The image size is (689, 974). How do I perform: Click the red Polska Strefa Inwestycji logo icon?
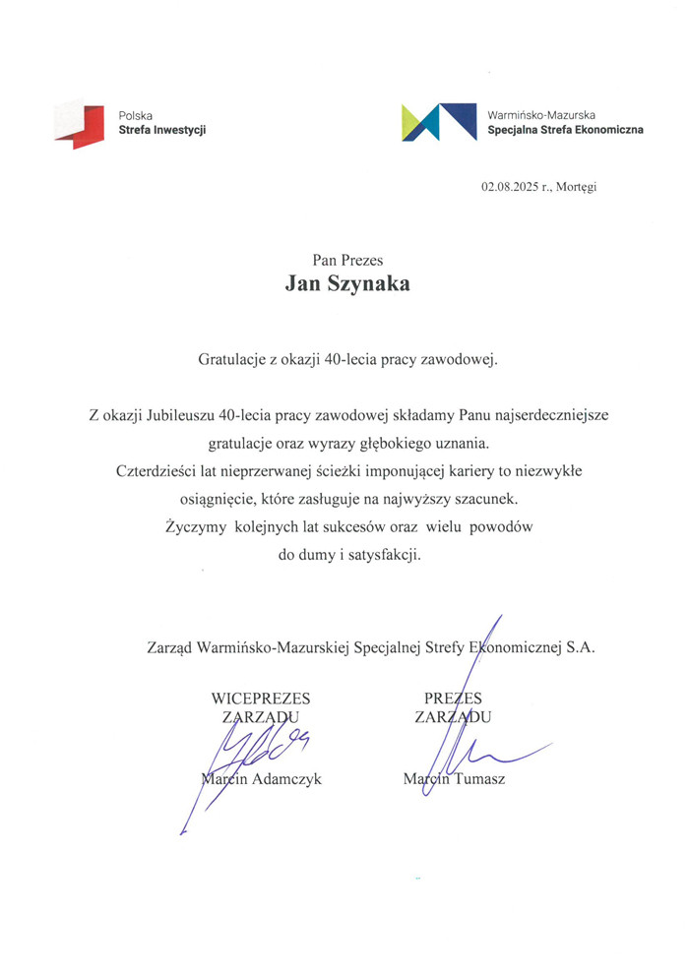point(78,124)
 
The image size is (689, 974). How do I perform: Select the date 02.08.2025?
point(507,186)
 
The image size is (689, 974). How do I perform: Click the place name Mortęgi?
point(576,186)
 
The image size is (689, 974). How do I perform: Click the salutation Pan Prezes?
point(347,260)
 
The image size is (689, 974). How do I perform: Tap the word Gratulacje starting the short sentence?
point(233,360)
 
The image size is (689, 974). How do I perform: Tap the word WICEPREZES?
point(261,699)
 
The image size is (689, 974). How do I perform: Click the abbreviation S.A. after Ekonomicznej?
point(579,648)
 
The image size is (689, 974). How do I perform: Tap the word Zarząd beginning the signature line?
point(169,648)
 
